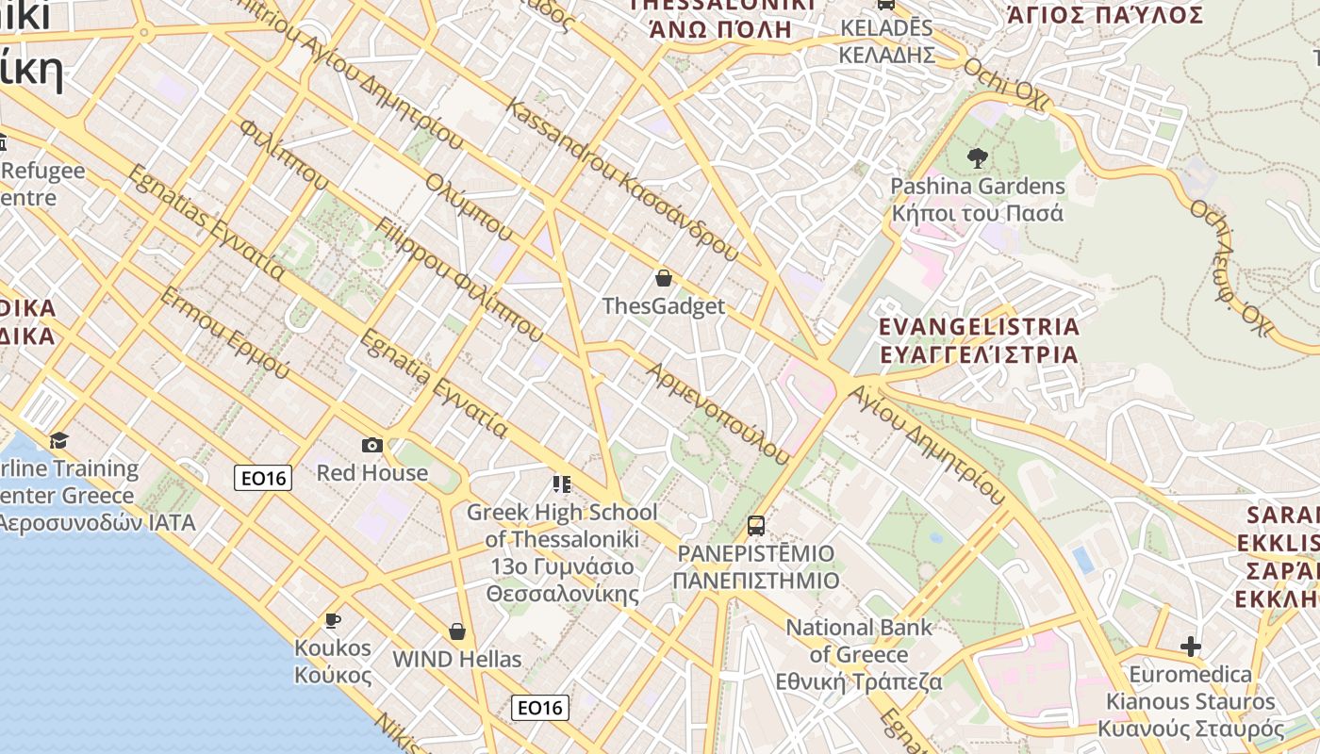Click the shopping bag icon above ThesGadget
[664, 278]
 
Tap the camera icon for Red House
[371, 445]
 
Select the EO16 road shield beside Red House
[263, 478]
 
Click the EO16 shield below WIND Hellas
[540, 707]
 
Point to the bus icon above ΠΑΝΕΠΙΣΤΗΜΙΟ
[755, 525]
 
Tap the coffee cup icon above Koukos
[332, 620]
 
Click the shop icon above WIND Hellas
[457, 631]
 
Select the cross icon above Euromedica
[1191, 647]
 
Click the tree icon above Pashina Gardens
[977, 158]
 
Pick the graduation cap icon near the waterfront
[59, 440]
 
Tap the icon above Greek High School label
[562, 484]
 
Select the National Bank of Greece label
[859, 654]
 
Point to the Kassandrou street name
[622, 179]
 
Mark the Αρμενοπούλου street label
[717, 413]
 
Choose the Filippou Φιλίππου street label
[459, 279]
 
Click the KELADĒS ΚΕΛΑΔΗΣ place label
[886, 41]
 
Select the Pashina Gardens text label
[978, 187]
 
